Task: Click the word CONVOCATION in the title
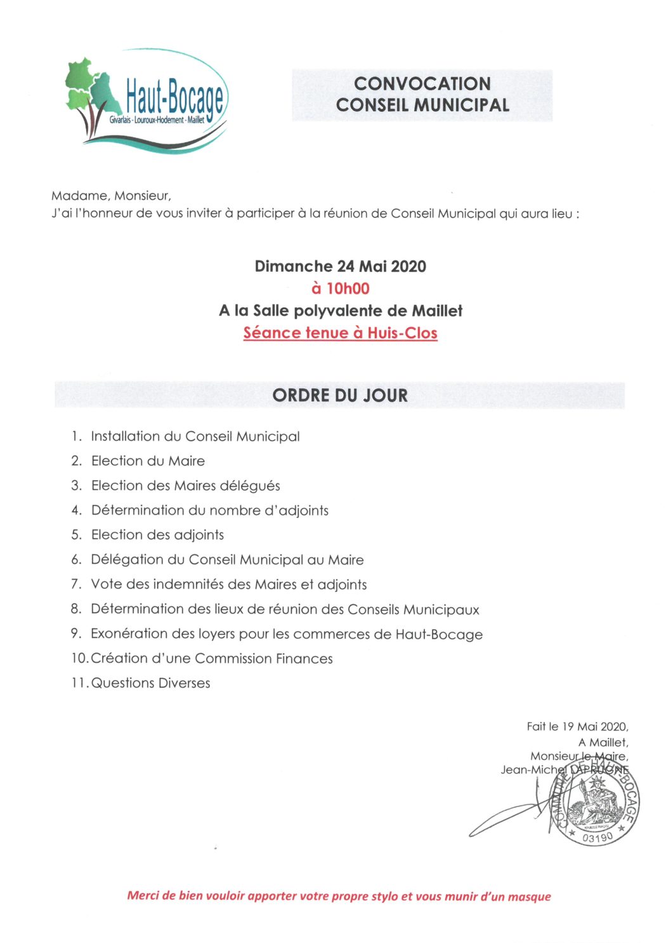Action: coord(422,84)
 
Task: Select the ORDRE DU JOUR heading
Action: coord(340,396)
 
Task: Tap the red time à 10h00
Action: coord(340,289)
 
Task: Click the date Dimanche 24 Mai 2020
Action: coord(340,266)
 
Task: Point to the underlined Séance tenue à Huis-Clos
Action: coord(340,333)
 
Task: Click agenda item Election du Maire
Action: coord(148,461)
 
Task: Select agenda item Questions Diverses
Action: coord(151,683)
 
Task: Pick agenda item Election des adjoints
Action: coord(157,535)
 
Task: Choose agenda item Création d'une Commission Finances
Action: coord(212,659)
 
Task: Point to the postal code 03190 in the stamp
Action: coord(597,838)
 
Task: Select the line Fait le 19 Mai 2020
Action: coord(577,726)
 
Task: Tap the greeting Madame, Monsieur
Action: coord(111,196)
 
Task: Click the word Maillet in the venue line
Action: coord(437,311)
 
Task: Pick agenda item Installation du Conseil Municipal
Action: coord(195,436)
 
